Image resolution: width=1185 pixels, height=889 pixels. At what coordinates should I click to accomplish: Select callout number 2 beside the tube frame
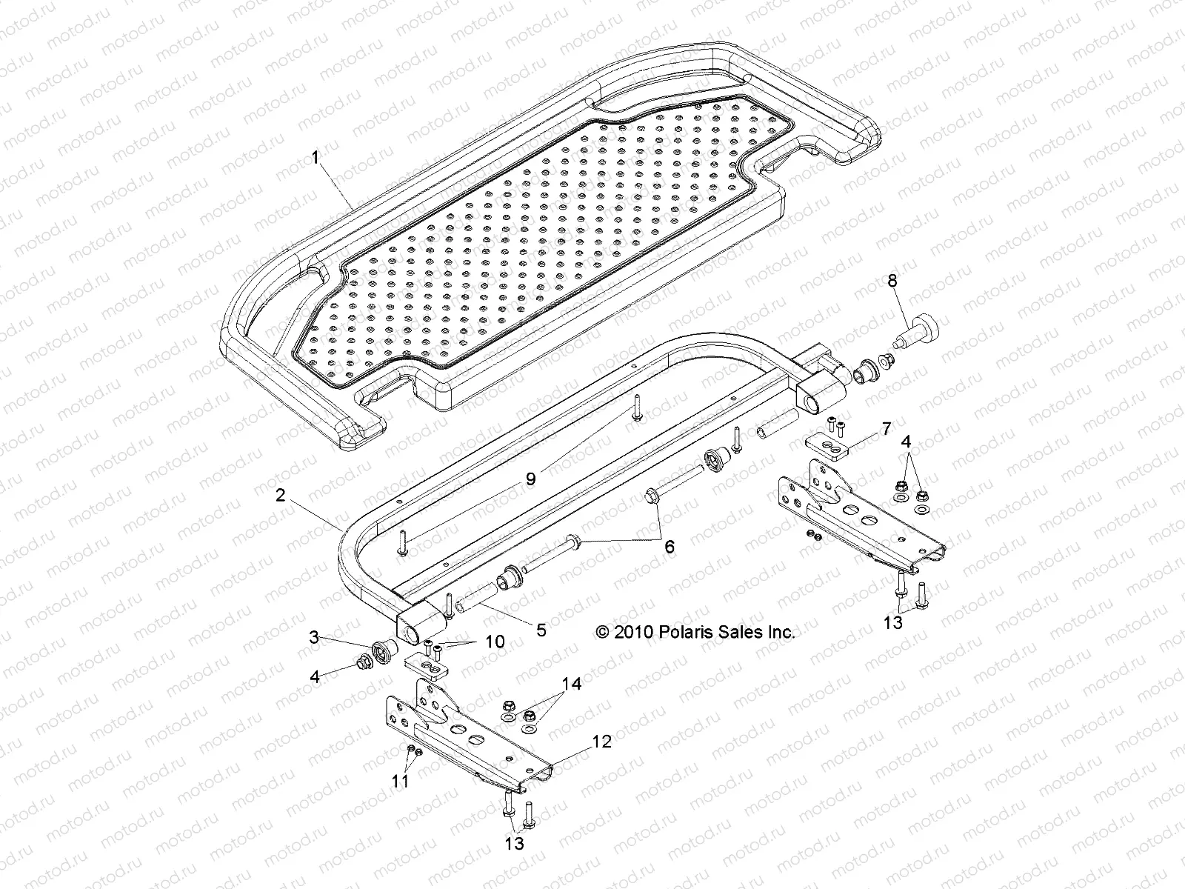tap(280, 496)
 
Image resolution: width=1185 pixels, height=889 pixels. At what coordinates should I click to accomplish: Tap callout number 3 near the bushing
tap(315, 636)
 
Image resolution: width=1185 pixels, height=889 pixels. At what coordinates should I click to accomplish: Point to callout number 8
tap(892, 281)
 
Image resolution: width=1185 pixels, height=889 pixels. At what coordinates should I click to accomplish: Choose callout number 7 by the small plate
tap(864, 430)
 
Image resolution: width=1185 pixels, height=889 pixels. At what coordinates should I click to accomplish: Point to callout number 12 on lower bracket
tap(602, 741)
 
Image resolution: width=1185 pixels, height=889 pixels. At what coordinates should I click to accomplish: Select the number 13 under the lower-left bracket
tap(514, 843)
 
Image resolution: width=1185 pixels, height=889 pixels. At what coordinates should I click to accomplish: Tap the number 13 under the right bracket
tap(894, 622)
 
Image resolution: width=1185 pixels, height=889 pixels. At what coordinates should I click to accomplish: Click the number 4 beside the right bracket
tap(906, 442)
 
